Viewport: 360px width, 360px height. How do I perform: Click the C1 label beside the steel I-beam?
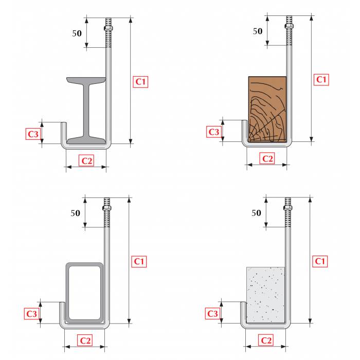(x=141, y=82)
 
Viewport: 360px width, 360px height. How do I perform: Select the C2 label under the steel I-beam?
(x=87, y=160)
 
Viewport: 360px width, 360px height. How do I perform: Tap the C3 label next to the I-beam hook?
(x=33, y=135)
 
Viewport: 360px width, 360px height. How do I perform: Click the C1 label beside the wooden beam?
(x=321, y=80)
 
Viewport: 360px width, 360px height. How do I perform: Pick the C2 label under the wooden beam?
(x=267, y=158)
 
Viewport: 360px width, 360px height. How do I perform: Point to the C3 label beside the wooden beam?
(x=214, y=132)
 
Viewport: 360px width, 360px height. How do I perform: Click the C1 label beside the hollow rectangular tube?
(x=139, y=261)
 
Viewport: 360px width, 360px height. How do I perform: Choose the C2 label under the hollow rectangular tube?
(x=85, y=340)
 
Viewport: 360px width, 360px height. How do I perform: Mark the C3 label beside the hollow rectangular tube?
(x=32, y=314)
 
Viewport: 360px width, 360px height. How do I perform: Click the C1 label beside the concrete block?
(x=320, y=261)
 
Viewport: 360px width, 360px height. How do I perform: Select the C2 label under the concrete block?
(x=266, y=340)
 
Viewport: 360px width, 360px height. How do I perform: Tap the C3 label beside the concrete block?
(x=212, y=314)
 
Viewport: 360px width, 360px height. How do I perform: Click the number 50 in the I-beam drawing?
(x=77, y=33)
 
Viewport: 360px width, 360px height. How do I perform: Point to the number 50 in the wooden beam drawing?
(x=258, y=31)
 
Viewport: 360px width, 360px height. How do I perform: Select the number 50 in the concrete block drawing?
(x=256, y=212)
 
